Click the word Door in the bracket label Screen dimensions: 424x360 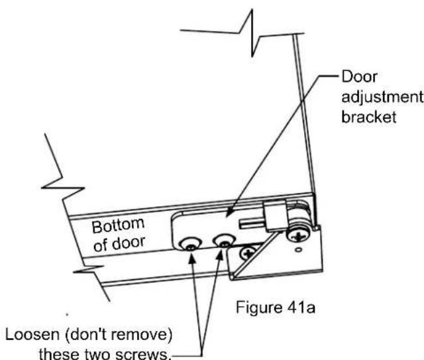click(x=359, y=77)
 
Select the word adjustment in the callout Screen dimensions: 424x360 click(x=382, y=97)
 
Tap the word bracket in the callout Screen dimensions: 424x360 click(x=369, y=117)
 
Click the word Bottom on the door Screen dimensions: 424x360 click(x=118, y=225)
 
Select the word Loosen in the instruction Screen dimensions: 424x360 click(x=32, y=335)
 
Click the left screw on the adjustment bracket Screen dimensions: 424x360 click(x=190, y=245)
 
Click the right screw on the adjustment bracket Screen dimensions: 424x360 click(x=224, y=241)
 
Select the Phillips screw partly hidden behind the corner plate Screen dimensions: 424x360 click(x=248, y=253)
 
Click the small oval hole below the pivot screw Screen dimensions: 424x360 click(x=298, y=250)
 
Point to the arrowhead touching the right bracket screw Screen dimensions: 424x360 click(x=221, y=255)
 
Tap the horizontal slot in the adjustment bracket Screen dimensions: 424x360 click(x=252, y=223)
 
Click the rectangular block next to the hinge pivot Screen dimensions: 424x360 click(x=275, y=216)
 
